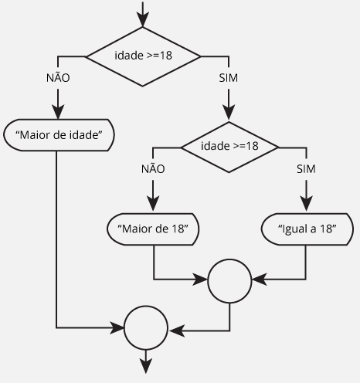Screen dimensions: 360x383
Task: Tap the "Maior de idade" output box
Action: click(x=59, y=135)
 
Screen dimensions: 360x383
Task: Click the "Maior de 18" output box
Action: click(x=153, y=229)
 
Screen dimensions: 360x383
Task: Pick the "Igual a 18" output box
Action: click(x=307, y=229)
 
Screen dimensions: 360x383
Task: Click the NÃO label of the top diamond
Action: click(x=58, y=78)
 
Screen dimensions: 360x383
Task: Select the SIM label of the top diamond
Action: click(x=229, y=78)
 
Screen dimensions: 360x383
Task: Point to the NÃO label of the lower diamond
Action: click(x=153, y=169)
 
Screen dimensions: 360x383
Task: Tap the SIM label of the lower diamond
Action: click(x=306, y=169)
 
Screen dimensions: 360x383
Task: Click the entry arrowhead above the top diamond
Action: click(x=143, y=19)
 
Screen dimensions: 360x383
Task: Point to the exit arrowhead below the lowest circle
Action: click(x=146, y=366)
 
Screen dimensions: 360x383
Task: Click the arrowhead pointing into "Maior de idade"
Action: click(x=58, y=112)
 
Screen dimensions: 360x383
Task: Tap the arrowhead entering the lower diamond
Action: click(x=229, y=113)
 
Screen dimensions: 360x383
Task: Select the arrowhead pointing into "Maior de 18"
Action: click(x=153, y=203)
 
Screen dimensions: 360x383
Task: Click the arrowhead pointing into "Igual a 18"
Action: click(x=306, y=203)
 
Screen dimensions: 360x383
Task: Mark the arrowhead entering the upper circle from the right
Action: click(x=259, y=280)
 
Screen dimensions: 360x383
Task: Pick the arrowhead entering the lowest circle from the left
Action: click(x=117, y=327)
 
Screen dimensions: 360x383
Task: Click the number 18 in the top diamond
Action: click(x=166, y=56)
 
